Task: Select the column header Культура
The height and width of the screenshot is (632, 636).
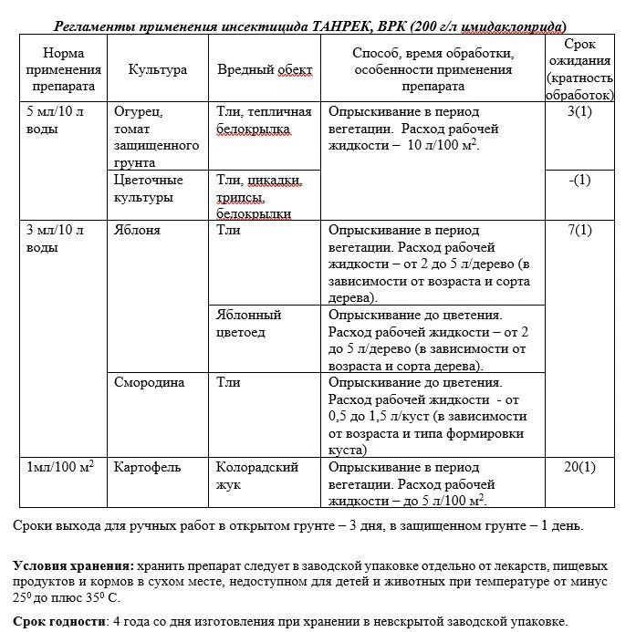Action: click(x=158, y=69)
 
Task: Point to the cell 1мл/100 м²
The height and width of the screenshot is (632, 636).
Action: click(x=60, y=468)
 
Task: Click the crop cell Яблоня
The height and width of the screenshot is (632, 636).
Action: click(x=137, y=230)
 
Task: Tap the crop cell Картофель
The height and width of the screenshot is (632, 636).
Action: click(x=148, y=468)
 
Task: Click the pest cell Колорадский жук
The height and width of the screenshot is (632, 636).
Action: click(x=256, y=476)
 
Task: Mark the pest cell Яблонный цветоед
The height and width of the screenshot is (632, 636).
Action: click(x=248, y=323)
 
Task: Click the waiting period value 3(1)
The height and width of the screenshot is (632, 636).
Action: click(x=579, y=112)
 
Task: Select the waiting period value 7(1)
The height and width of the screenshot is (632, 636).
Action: click(x=579, y=230)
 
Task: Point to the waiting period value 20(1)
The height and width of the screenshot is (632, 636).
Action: click(x=579, y=468)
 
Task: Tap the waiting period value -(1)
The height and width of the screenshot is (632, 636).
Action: click(x=579, y=180)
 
